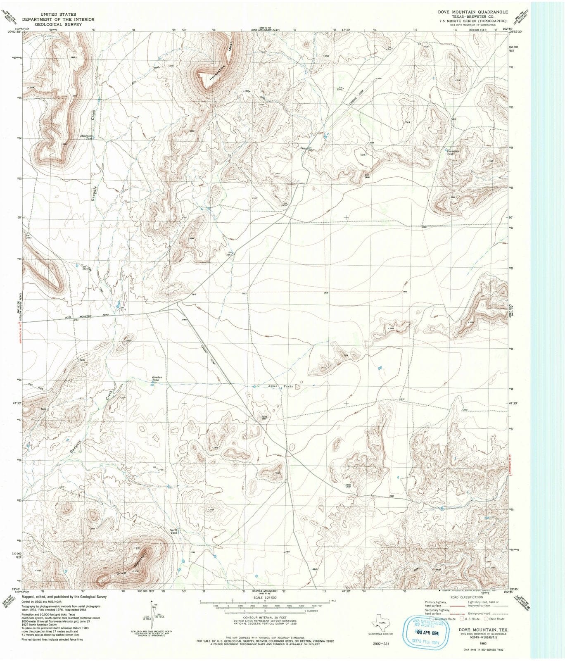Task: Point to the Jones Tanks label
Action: click(x=280, y=387)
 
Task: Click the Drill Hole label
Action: click(x=366, y=176)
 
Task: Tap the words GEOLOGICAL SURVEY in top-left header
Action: click(x=58, y=24)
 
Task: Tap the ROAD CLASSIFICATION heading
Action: click(x=467, y=597)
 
